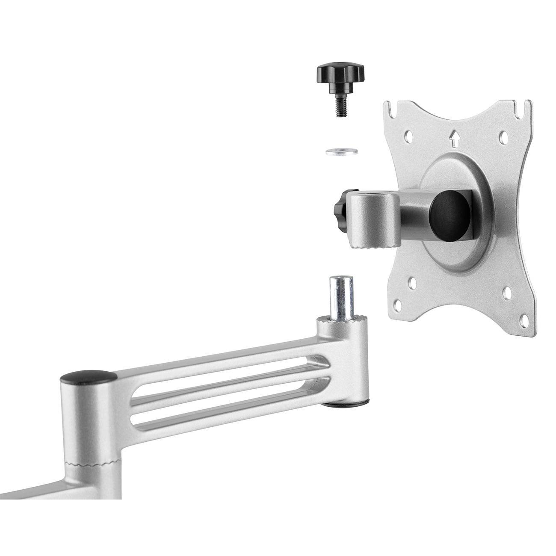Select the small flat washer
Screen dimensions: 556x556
pyautogui.click(x=340, y=151)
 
